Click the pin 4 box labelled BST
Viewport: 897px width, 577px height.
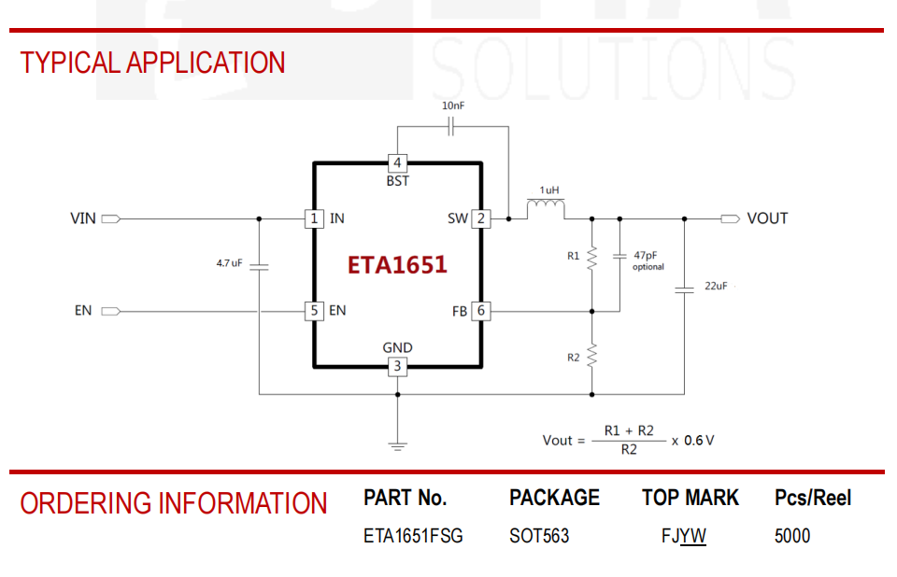click(398, 163)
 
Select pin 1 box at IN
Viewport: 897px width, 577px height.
click(314, 218)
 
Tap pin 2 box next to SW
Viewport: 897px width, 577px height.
click(481, 218)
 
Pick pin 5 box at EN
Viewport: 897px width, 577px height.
click(314, 311)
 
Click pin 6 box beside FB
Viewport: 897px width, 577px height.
click(481, 311)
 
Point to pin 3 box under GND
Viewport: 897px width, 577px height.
click(398, 367)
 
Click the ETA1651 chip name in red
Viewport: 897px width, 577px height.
click(397, 265)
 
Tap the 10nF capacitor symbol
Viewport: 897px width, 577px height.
click(450, 126)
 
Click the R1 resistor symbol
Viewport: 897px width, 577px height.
click(592, 258)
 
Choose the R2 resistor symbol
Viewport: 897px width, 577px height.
click(592, 355)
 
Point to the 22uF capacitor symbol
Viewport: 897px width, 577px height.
click(684, 290)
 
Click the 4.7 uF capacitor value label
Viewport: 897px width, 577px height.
click(230, 263)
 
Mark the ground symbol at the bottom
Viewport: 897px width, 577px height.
click(398, 446)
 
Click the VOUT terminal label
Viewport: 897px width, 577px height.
click(767, 218)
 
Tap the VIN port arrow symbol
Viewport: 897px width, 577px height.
click(111, 218)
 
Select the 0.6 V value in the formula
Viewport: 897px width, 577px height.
click(699, 441)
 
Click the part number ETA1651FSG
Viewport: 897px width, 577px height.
click(413, 536)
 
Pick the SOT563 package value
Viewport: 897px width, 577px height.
click(539, 536)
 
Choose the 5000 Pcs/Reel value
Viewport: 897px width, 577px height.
click(792, 536)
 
